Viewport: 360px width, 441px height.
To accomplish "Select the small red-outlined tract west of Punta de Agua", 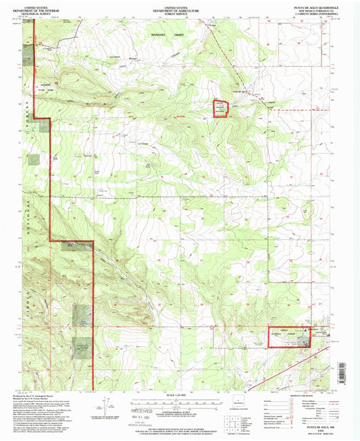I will (221, 109).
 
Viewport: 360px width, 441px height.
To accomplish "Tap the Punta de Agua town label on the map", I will (241, 91).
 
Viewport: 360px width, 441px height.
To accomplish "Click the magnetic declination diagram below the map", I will (108, 405).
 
